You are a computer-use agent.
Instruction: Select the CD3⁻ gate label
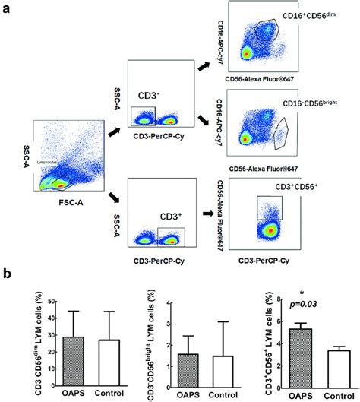pos(144,96)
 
